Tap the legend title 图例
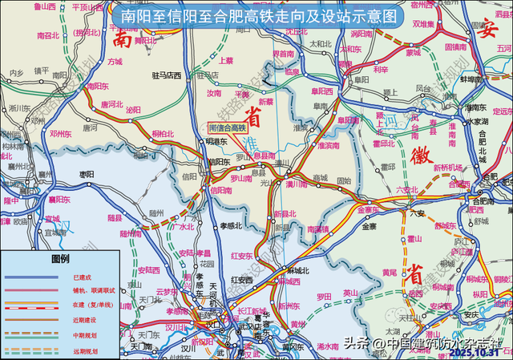tap(61, 260)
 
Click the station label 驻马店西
tap(165, 75)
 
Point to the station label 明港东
tap(216, 141)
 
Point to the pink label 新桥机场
tap(449, 167)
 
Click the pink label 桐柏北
tap(162, 135)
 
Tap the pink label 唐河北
tap(111, 104)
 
